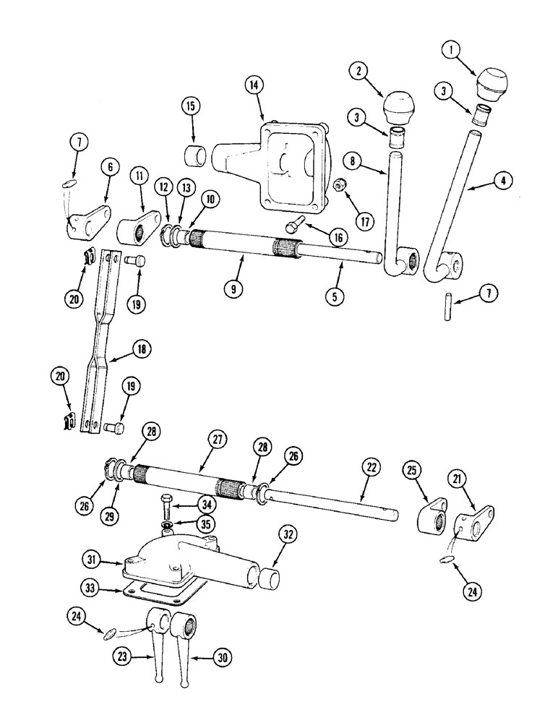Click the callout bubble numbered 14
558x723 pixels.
(254, 85)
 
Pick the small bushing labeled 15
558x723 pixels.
(196, 155)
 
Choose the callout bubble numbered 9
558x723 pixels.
(233, 287)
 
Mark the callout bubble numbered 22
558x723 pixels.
(369, 469)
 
